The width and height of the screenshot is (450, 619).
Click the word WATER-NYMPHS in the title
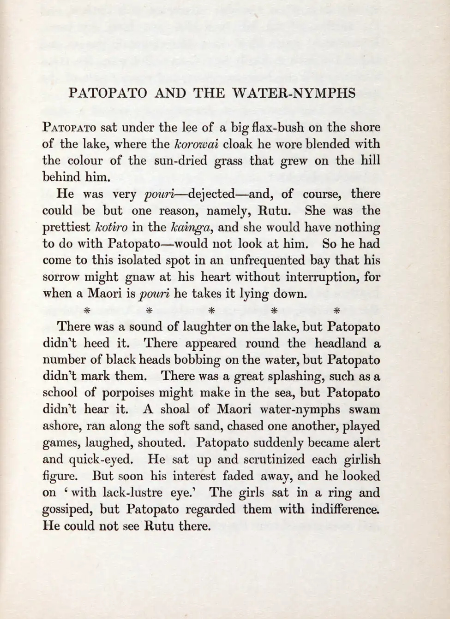point(294,94)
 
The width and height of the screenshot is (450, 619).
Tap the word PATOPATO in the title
point(108,94)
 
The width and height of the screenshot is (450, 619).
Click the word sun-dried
point(178,161)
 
